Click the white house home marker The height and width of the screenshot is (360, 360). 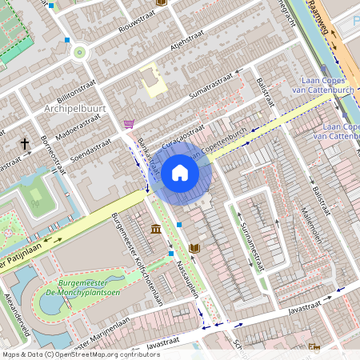pos(180,172)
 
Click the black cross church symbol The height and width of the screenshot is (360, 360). pos(25,144)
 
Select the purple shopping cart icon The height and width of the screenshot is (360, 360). pos(129,124)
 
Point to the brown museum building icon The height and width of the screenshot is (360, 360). pos(155,230)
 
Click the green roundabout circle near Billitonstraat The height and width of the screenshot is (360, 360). pos(79,53)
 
